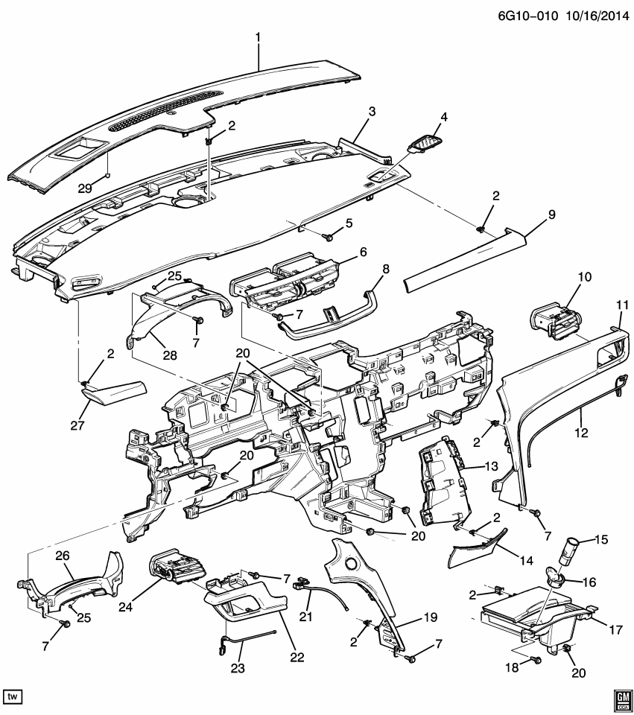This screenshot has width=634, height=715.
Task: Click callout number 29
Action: [x=85, y=188]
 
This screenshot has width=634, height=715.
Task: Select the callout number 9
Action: [x=552, y=214]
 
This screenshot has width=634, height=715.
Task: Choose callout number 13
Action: [x=490, y=467]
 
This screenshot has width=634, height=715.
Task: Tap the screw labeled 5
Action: [x=328, y=237]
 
